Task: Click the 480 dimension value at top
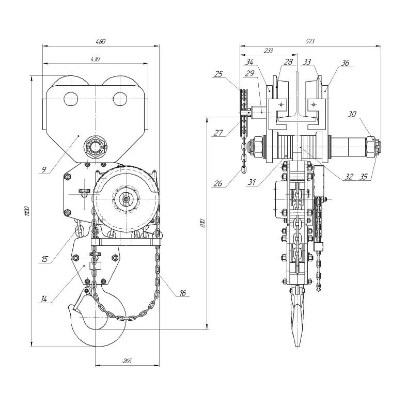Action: tap(101, 41)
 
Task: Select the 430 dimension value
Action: tap(95, 59)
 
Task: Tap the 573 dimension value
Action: tap(310, 41)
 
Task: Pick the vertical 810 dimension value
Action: tap(203, 223)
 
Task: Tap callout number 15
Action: tap(44, 258)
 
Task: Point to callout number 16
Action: tap(182, 293)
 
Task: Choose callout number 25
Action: tap(218, 74)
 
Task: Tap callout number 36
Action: tap(345, 62)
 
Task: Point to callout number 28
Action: tap(288, 62)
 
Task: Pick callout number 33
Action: tap(307, 62)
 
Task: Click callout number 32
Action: tap(349, 176)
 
